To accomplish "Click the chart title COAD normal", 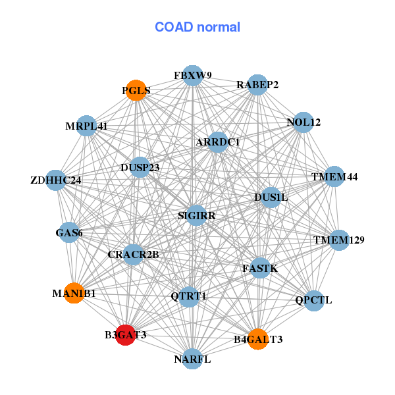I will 197,27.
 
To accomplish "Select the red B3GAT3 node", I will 126,334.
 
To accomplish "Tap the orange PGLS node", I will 136,90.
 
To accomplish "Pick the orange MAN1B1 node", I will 74,293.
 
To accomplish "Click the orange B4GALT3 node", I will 258,339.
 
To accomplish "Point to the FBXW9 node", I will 192,75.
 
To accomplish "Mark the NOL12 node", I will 303,122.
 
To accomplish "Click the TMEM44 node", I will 335,176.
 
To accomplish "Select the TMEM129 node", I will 338,240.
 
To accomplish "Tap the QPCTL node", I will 314,300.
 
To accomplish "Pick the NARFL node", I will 192,359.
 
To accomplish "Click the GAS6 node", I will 69,232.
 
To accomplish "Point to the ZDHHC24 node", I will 56,180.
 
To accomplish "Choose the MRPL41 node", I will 86,126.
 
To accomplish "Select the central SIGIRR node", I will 196,215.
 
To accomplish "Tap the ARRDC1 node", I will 218,142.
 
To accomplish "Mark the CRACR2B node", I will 134,254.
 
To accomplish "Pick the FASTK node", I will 260,268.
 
